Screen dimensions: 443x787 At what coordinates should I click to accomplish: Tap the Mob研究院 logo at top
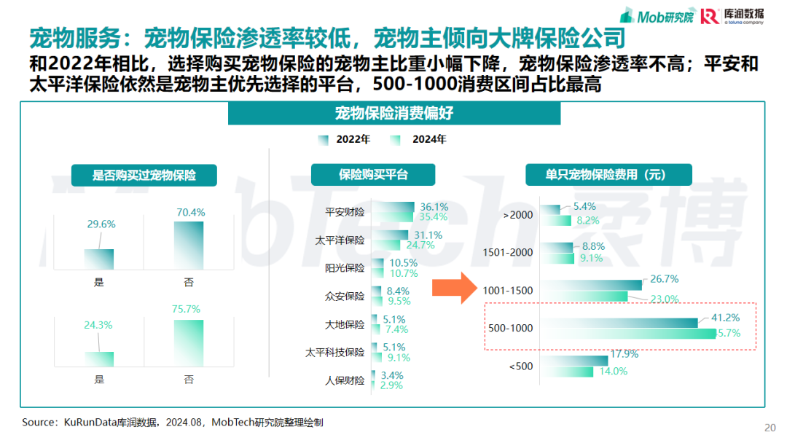coord(657,16)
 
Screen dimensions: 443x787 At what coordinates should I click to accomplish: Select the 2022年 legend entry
coord(345,139)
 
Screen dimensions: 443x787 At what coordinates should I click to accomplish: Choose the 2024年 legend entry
coord(420,139)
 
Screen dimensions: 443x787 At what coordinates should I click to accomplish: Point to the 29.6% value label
coord(101,224)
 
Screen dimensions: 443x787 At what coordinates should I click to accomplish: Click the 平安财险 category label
coord(345,212)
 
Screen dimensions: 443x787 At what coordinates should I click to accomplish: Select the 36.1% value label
coord(434,207)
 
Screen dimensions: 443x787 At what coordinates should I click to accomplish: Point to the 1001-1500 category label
coord(508,291)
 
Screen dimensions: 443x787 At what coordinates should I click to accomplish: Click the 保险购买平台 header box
coord(373,175)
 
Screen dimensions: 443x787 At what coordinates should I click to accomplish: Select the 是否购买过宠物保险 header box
coord(144,175)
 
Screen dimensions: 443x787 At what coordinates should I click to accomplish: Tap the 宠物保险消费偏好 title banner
coord(394,114)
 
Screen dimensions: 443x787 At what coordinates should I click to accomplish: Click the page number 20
coord(770,428)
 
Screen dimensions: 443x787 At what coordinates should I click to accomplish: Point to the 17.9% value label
coord(624,355)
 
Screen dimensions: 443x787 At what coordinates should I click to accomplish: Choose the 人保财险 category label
coord(345,380)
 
